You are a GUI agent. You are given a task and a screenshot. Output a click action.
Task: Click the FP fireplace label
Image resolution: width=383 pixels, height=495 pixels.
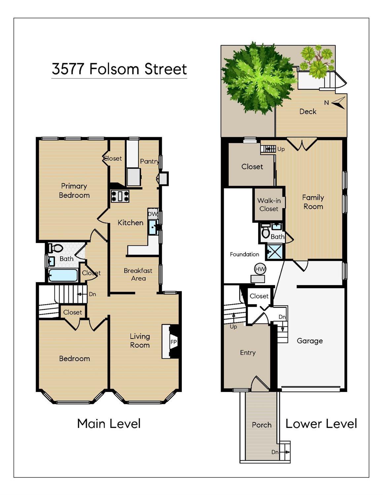[x=174, y=342]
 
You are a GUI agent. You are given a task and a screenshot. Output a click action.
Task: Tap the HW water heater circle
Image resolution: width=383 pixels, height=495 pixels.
[x=260, y=269]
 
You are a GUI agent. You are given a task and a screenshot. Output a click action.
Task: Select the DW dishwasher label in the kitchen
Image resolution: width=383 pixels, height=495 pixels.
[x=153, y=214]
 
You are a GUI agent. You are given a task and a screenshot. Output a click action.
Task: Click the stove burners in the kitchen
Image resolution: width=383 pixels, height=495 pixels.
[x=120, y=196]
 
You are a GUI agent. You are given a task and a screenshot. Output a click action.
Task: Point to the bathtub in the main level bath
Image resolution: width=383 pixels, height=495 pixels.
[x=63, y=275]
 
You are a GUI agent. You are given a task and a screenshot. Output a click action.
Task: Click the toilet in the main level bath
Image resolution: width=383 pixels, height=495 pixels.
[x=56, y=248]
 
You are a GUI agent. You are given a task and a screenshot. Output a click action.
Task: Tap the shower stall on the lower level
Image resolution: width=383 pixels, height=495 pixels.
[x=275, y=252]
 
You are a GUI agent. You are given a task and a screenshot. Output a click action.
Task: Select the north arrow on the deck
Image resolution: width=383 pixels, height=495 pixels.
[x=338, y=103]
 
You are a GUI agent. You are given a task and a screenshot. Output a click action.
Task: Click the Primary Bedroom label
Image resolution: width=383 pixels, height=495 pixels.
[x=74, y=191]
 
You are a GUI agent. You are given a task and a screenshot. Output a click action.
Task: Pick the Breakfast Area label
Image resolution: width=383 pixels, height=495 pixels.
[x=138, y=274]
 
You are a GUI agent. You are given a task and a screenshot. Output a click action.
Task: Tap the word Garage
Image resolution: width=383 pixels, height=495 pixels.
[x=310, y=341]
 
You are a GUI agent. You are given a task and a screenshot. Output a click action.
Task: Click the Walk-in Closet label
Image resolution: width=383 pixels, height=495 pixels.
[x=269, y=204]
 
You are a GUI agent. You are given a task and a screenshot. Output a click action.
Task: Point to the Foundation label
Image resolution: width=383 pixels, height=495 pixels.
[x=245, y=254]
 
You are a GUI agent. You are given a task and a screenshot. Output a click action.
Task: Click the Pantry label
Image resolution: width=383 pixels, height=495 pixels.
[x=150, y=161]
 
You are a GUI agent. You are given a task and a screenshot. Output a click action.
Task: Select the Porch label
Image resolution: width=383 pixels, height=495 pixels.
[x=262, y=425]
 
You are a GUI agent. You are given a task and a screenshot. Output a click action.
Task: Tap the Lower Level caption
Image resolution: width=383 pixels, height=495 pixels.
[x=321, y=424]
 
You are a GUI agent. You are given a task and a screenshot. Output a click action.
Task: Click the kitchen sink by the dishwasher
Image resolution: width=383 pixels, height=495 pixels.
[x=153, y=227]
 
